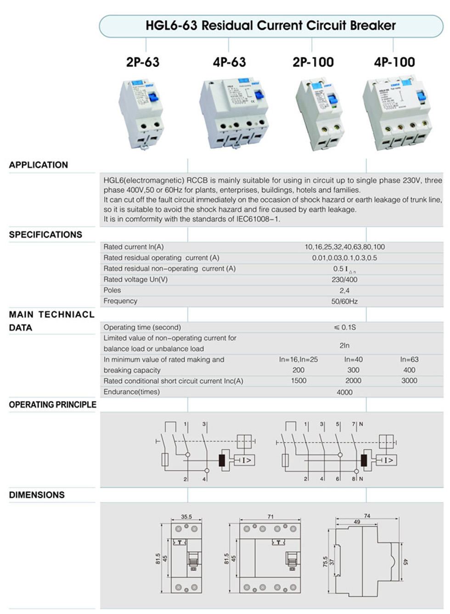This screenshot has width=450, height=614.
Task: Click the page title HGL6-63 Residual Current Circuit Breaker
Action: [x=270, y=25]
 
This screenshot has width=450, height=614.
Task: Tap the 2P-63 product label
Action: [x=142, y=62]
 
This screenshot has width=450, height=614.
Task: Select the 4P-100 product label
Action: [x=394, y=62]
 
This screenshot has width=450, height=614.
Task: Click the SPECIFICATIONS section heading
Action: [x=45, y=234]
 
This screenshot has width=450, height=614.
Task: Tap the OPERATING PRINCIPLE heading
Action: [x=53, y=405]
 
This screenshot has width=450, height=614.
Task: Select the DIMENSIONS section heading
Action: [x=37, y=495]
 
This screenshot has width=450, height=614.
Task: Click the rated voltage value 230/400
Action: [x=344, y=279]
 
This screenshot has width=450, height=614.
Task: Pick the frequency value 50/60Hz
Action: [x=344, y=301]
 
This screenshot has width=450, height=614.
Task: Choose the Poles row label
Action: [x=112, y=290]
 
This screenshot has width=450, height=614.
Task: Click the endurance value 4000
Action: [x=344, y=392]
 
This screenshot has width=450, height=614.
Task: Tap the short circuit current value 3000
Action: [x=409, y=381]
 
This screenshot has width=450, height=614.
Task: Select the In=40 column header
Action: [x=353, y=360]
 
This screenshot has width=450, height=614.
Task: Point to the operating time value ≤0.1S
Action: [x=345, y=327]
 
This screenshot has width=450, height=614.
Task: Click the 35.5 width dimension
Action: [x=186, y=517]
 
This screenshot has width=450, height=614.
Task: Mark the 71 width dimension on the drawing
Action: [x=270, y=517]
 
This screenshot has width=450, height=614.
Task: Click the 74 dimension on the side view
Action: [x=367, y=516]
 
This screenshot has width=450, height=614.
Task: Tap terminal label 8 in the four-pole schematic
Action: [x=354, y=479]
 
